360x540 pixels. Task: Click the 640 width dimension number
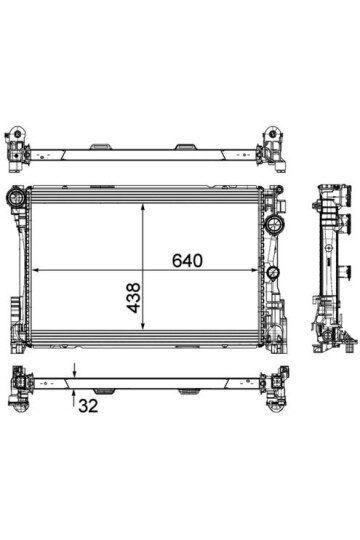click(x=187, y=261)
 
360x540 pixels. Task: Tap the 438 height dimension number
click(x=134, y=298)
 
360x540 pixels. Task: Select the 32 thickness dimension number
click(x=88, y=406)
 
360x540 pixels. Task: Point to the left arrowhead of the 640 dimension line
click(x=36, y=270)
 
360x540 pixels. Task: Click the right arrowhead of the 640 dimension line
click(x=254, y=270)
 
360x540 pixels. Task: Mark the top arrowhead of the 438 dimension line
click(x=143, y=208)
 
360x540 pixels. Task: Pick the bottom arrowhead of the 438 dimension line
click(x=143, y=326)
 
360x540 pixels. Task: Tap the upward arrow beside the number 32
click(x=74, y=398)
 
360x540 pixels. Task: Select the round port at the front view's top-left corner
click(x=15, y=197)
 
